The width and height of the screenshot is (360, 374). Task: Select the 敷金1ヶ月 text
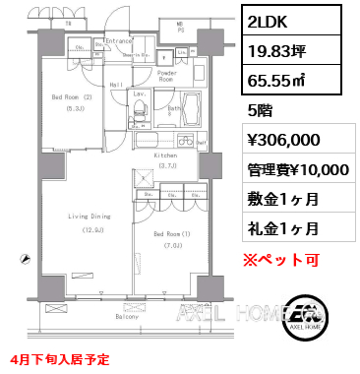(x=279, y=199)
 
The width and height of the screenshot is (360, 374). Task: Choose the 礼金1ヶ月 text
(x=279, y=228)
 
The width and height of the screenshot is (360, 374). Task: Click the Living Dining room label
(x=88, y=216)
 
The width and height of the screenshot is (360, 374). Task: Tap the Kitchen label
(x=163, y=156)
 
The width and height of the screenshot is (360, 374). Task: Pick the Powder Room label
(x=166, y=76)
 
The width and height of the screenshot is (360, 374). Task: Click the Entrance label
(x=119, y=39)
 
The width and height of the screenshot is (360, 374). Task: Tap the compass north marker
(x=23, y=258)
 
